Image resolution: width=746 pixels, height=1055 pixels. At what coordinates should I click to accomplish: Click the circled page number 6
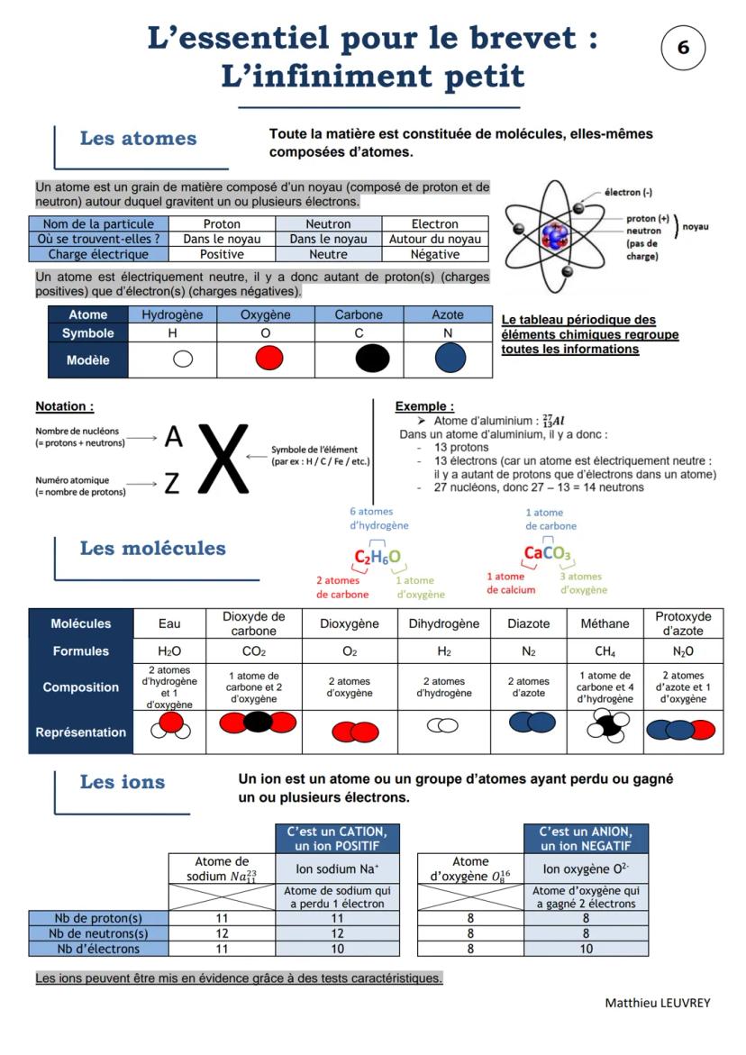[683, 48]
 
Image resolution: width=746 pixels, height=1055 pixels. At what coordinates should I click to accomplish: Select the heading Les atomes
[138, 139]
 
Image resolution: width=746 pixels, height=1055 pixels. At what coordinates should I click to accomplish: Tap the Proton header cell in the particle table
[222, 224]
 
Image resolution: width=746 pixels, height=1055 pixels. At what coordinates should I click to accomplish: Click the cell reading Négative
[435, 255]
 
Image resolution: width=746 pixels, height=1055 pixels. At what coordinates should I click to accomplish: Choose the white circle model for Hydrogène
[183, 359]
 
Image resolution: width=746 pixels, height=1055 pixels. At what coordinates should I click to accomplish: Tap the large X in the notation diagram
[223, 458]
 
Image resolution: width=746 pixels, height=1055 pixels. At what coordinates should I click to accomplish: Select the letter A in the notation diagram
[173, 438]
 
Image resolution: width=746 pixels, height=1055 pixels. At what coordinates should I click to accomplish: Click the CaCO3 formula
[548, 553]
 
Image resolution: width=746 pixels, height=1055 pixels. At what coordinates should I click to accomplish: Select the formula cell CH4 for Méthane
[605, 651]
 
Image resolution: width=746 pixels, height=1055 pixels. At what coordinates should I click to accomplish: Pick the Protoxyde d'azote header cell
[683, 623]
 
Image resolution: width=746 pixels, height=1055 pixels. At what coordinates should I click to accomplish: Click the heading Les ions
[123, 782]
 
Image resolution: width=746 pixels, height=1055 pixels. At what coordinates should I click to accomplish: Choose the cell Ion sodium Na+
[337, 869]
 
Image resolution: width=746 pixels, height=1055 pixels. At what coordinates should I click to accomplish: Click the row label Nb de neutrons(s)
[99, 933]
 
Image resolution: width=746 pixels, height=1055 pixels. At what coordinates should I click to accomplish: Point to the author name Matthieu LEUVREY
[657, 1003]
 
